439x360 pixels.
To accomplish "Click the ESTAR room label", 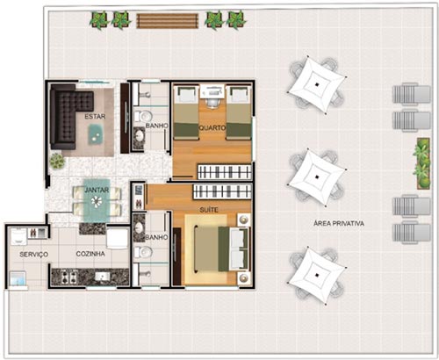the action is click(95, 117).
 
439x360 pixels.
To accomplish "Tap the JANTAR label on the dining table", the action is click(97, 190).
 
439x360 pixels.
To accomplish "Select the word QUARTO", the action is click(212, 128).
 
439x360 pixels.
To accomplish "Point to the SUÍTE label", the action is click(209, 210).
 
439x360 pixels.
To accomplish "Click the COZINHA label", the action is click(90, 254).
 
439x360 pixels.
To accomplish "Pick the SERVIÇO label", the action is click(34, 255).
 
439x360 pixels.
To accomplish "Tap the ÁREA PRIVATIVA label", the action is click(339, 224).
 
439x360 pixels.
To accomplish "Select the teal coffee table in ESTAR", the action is click(96, 134).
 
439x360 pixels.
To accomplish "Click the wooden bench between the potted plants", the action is click(167, 21).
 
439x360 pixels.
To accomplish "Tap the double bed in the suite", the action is click(221, 248).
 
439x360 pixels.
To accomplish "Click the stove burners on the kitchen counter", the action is click(68, 276).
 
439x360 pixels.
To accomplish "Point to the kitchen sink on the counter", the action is click(102, 276).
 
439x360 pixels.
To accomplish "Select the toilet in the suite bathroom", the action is click(143, 252).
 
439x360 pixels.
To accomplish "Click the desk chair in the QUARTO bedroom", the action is click(212, 103).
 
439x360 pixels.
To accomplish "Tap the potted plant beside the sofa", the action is click(57, 161).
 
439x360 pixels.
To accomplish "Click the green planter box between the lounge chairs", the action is click(422, 162).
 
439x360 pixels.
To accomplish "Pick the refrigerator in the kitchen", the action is click(117, 239).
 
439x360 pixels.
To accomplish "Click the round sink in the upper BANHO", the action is click(140, 136).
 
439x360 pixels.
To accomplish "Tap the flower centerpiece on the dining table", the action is click(97, 201).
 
